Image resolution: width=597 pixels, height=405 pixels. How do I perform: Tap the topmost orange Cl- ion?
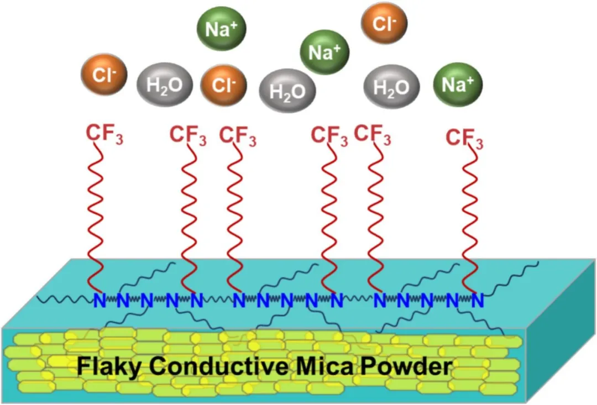384,24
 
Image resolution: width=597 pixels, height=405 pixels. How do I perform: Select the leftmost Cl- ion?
104,75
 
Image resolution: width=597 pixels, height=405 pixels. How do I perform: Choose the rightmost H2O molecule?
391,87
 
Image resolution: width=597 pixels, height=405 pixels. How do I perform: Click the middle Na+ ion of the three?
324,52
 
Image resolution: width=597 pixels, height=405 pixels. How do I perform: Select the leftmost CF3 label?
104,134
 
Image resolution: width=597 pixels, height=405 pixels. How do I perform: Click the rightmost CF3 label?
464,138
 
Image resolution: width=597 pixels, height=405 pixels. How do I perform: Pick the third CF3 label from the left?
238,135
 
